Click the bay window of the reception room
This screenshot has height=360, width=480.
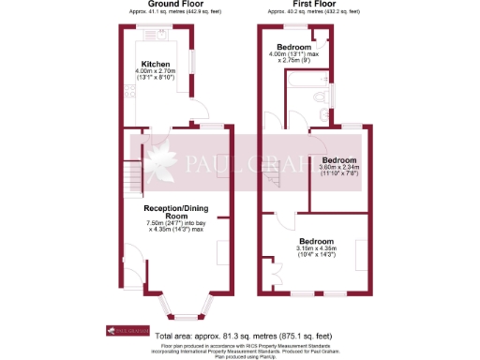click(x=187, y=302)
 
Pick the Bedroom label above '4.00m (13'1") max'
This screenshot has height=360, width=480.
click(x=293, y=46)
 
